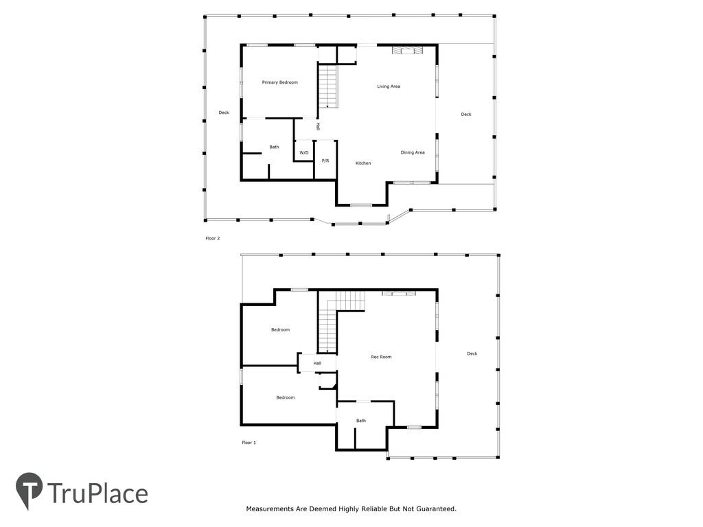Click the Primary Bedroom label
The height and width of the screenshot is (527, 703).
[280, 82]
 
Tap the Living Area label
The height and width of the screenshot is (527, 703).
[389, 86]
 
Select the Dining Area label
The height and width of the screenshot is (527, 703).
[413, 153]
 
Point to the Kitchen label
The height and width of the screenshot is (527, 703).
[363, 163]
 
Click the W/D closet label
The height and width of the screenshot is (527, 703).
[304, 153]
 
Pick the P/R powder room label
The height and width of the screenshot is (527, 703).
[325, 161]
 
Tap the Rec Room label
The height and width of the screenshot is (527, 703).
[381, 357]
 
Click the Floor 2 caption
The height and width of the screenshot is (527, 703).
[213, 238]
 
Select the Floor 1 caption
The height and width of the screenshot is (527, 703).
[249, 443]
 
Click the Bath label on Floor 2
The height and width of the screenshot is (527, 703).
[274, 147]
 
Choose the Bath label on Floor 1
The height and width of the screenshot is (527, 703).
[361, 421]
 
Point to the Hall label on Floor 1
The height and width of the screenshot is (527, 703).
[317, 364]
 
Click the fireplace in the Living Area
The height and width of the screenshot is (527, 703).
[407, 50]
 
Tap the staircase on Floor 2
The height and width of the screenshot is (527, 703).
[327, 86]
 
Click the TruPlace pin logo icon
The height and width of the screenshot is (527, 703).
[29, 489]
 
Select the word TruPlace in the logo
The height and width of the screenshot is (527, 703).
[97, 494]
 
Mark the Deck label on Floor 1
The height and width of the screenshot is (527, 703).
[472, 353]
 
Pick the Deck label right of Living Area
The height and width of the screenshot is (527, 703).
[466, 115]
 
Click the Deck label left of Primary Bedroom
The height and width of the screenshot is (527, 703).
[224, 113]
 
